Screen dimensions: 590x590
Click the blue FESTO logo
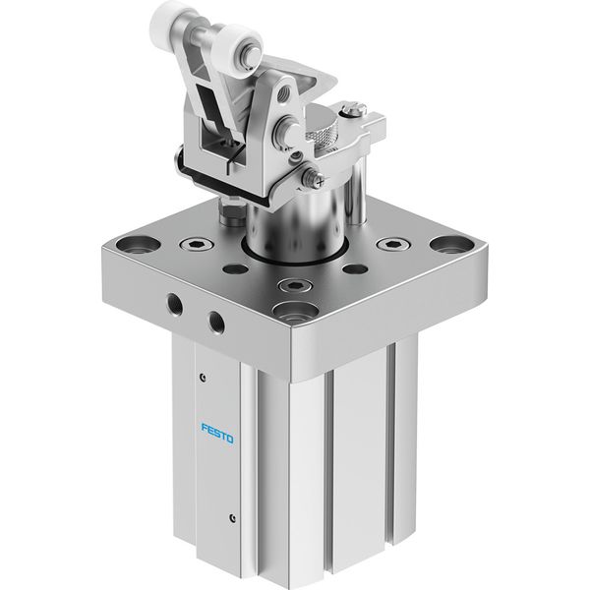click(217, 434)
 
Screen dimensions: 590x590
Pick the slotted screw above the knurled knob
click(354, 109)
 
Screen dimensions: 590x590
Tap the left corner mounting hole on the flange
click(138, 245)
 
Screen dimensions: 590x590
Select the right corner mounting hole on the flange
click(452, 245)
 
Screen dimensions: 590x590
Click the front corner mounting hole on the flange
click(296, 311)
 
